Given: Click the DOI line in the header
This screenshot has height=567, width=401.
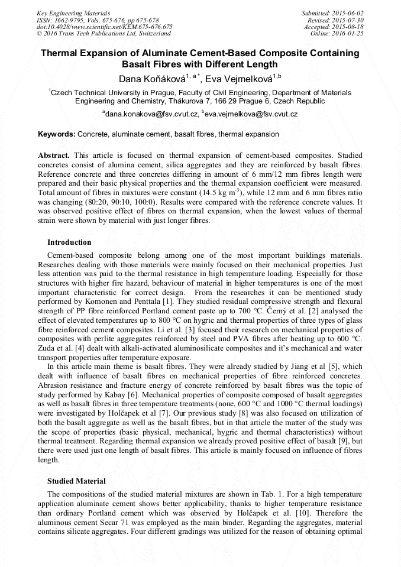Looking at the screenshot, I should click(104, 27).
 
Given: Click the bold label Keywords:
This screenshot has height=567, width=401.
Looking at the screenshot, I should click(57, 135).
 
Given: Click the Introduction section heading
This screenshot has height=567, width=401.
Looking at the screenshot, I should click(69, 242).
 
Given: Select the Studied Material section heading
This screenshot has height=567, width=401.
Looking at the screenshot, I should click(76, 481).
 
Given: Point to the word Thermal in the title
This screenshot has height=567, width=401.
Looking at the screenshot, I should click(60, 53).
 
